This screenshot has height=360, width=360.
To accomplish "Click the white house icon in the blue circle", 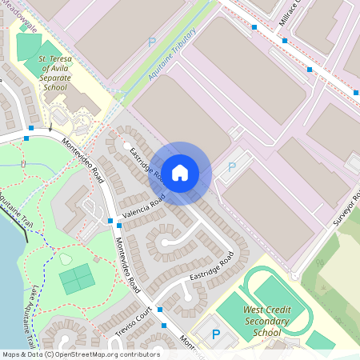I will (180, 172).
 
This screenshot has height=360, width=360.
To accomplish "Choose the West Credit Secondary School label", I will (266, 321).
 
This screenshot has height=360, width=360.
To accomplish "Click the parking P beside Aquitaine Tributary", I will (151, 42).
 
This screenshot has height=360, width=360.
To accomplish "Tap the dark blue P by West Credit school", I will (214, 335).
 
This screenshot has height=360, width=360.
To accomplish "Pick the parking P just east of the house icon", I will (232, 167).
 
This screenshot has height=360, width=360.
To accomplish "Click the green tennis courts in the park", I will (76, 279).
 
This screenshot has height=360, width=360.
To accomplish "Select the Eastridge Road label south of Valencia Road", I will (210, 269).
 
